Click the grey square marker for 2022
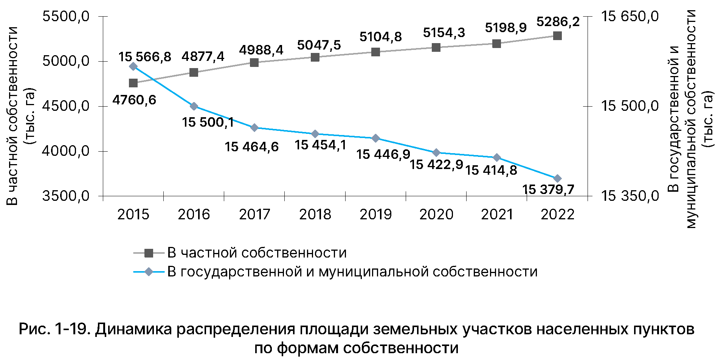pos(557,36)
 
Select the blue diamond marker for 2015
pos(133,67)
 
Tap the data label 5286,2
pos(558,22)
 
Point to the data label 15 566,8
pos(145,57)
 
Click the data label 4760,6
pos(134,100)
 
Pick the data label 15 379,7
pos(548,189)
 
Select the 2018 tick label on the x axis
pos(315,214)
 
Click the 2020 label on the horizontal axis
pos(436,214)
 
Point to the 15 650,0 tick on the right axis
pos(630,17)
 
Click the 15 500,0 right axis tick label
pos(630,106)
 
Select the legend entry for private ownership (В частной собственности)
pos(257,253)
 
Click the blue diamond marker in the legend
pos(149,272)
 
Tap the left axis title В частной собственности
pos(13,116)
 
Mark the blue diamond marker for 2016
pos(194,106)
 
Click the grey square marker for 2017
pos(254,62)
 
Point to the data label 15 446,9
pos(383,154)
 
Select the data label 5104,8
pos(380,37)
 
